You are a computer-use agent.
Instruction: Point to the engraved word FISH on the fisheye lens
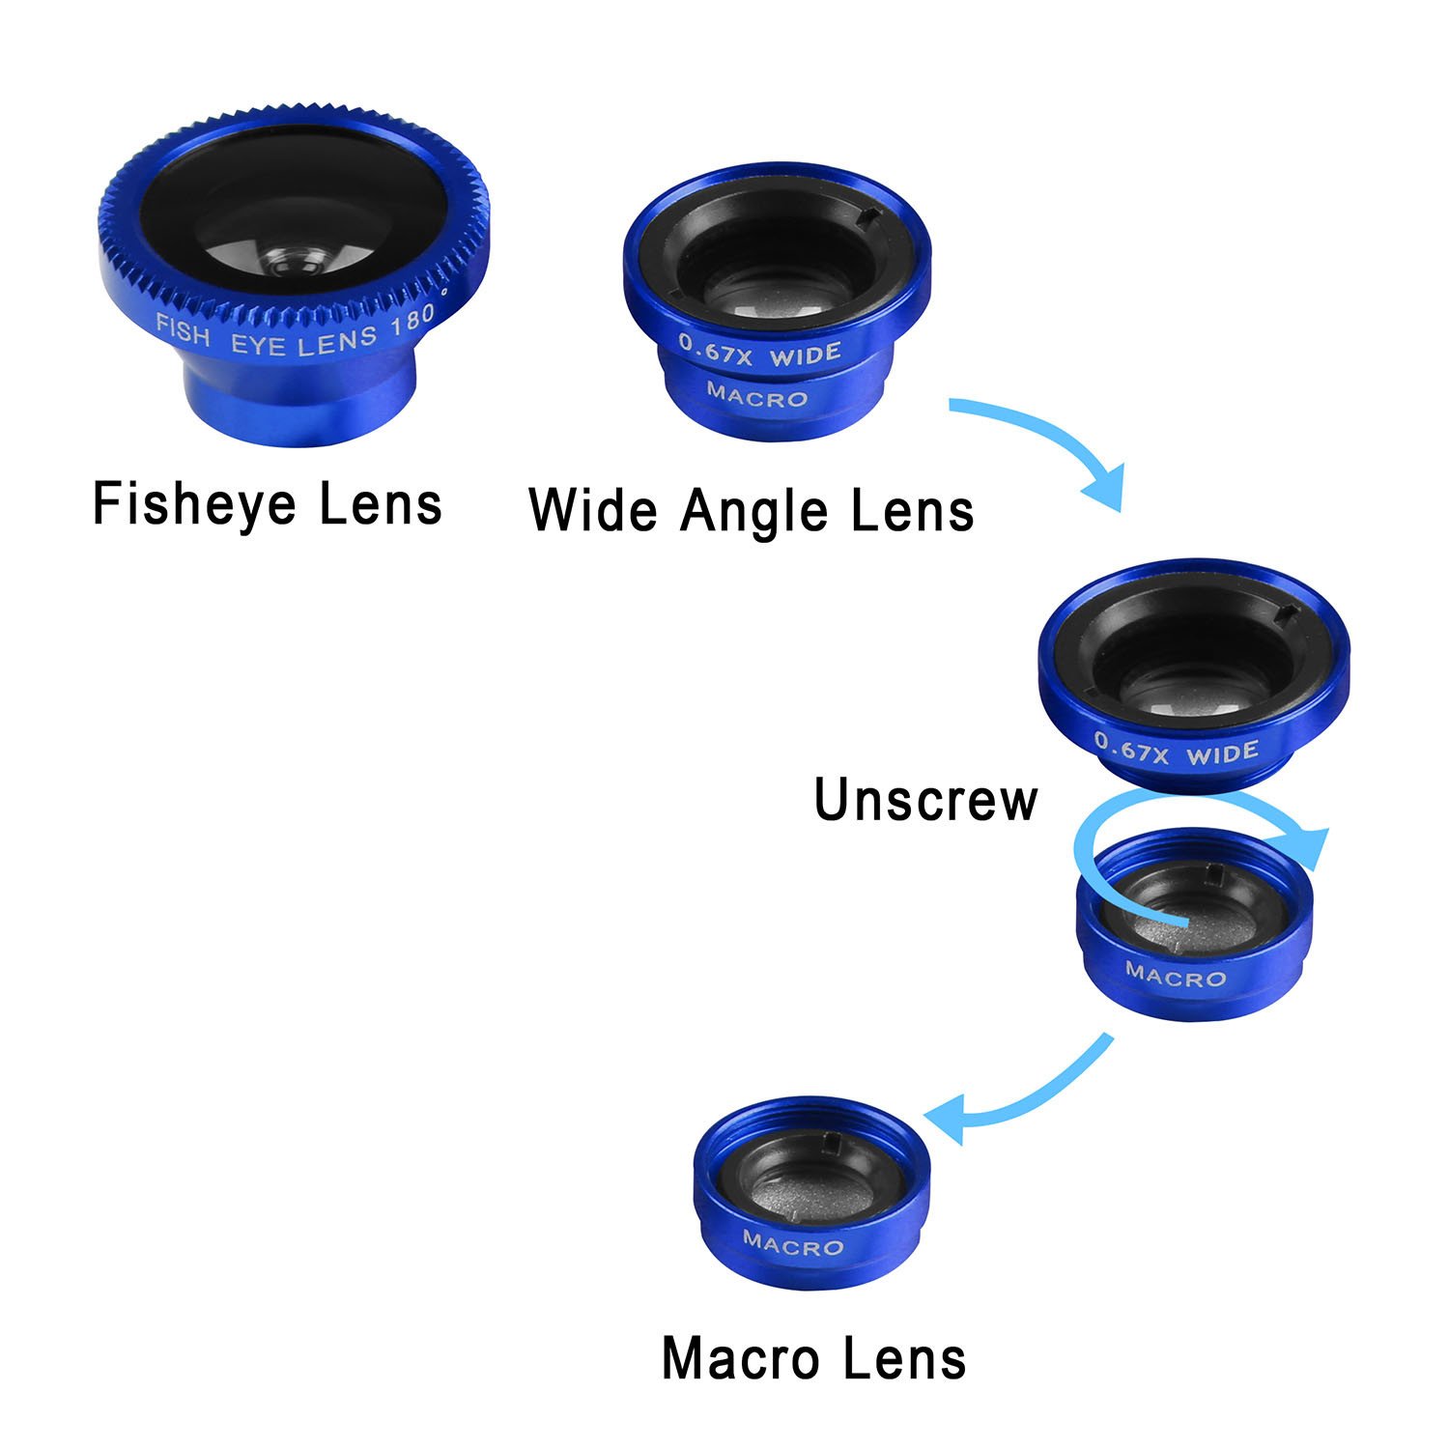point(184,330)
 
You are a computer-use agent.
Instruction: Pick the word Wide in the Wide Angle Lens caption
point(593,510)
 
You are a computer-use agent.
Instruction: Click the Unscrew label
point(925,800)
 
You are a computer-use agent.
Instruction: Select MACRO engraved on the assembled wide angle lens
point(757,396)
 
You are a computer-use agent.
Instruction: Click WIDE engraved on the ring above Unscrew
point(1223,753)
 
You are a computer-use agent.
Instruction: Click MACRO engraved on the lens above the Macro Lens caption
point(793,1244)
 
